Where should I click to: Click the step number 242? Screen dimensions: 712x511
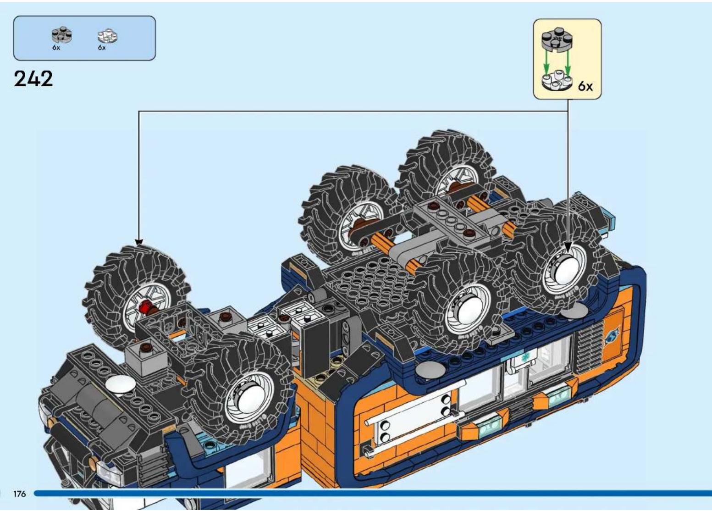tap(33, 79)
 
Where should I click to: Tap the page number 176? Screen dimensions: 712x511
tap(19, 494)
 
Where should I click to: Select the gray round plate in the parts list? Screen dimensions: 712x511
tap(62, 34)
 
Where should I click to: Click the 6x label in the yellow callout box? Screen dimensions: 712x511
tap(585, 86)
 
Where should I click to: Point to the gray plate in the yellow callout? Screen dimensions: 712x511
tap(557, 39)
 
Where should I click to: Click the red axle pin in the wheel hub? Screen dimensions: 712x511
tap(146, 307)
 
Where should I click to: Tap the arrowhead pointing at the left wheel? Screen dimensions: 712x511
tap(139, 242)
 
